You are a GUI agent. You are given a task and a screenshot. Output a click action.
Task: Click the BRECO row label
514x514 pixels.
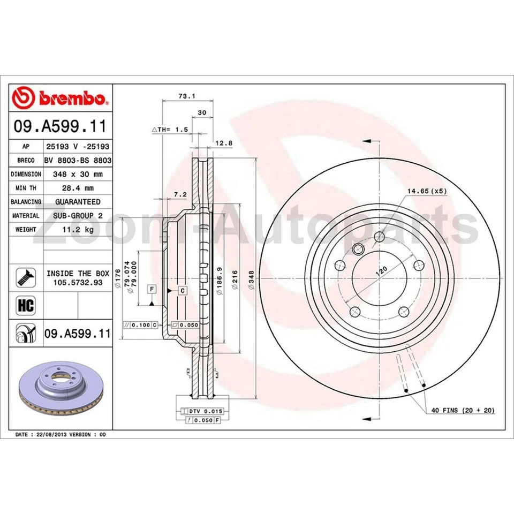click(x=26, y=160)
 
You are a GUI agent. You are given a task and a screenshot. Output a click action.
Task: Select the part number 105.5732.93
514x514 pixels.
click(x=78, y=283)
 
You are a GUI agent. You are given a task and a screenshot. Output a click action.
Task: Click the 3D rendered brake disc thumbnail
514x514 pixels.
click(x=61, y=390)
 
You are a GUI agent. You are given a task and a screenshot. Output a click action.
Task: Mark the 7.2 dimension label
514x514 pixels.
click(x=179, y=195)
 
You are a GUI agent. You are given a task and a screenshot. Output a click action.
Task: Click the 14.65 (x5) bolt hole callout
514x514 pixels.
click(x=426, y=190)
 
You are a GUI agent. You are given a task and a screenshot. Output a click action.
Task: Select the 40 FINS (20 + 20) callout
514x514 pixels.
click(x=463, y=410)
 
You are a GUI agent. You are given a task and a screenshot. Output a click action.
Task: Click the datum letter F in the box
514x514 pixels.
click(x=153, y=290)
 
